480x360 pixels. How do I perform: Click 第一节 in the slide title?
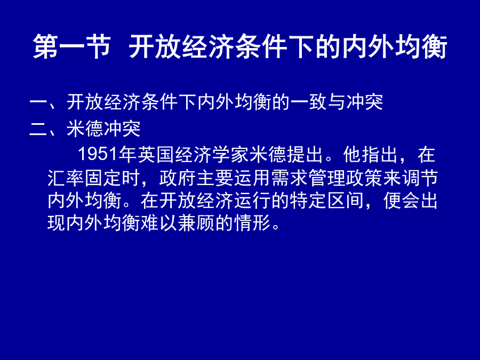(x=71, y=46)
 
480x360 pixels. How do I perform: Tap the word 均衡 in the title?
(x=421, y=46)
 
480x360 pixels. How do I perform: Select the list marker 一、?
(x=48, y=102)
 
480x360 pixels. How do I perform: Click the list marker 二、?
(x=48, y=129)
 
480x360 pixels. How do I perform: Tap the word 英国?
(x=156, y=154)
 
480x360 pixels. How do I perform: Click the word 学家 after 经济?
(x=230, y=154)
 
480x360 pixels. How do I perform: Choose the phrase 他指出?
(x=371, y=154)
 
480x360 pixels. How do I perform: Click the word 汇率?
(x=66, y=178)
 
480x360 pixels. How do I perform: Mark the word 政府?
(x=178, y=178)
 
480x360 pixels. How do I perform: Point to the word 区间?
(x=346, y=201)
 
